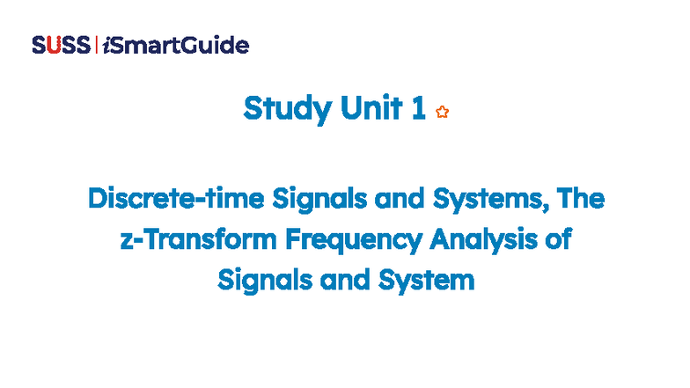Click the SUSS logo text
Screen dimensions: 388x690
point(60,45)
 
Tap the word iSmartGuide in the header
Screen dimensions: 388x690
point(175,45)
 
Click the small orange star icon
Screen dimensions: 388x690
point(442,112)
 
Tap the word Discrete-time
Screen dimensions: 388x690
point(164,199)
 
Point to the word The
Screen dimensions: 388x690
point(581,199)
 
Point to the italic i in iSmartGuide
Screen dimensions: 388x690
point(106,45)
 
